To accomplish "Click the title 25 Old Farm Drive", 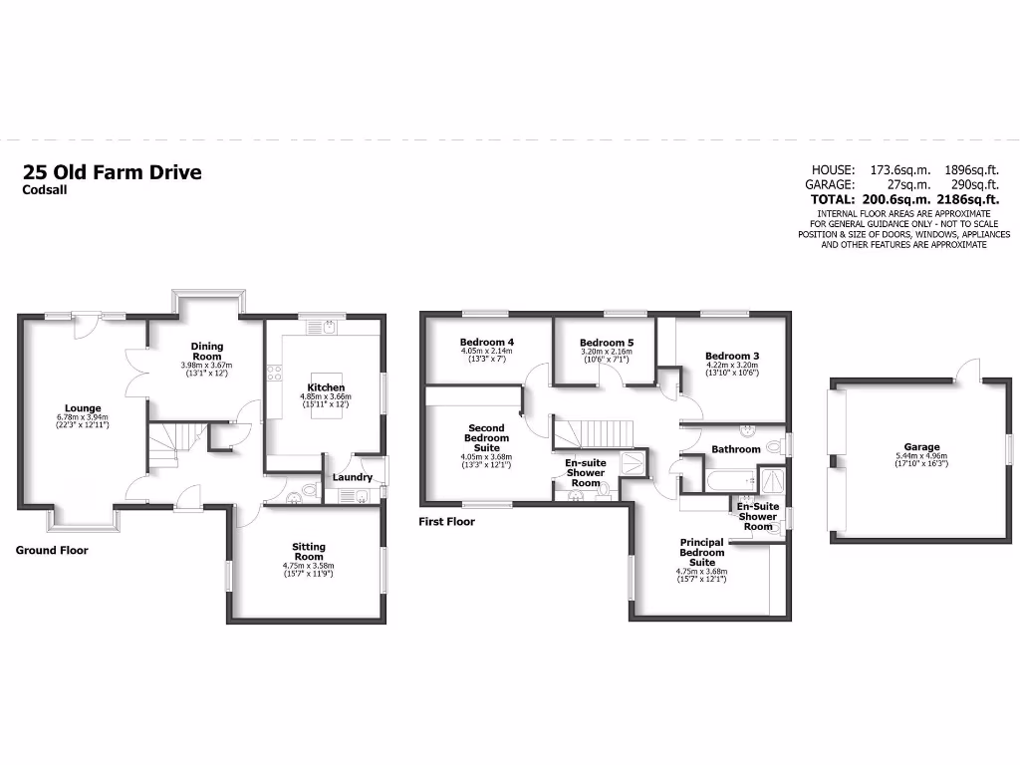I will pyautogui.click(x=112, y=172).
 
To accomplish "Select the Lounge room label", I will pyautogui.click(x=83, y=407).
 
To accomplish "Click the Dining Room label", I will pyautogui.click(x=206, y=351).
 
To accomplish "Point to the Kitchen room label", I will pyautogui.click(x=326, y=387).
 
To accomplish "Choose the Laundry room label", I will pyautogui.click(x=352, y=477).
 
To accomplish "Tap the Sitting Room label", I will pyautogui.click(x=309, y=552).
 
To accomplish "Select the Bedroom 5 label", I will pyautogui.click(x=607, y=344).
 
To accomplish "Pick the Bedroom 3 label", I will pyautogui.click(x=732, y=356).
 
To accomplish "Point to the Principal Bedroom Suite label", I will pyautogui.click(x=702, y=552).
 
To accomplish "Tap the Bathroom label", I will pyautogui.click(x=735, y=449).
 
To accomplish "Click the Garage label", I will pyautogui.click(x=921, y=447).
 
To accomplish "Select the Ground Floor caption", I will pyautogui.click(x=52, y=550).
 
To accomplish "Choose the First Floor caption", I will pyautogui.click(x=447, y=521).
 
